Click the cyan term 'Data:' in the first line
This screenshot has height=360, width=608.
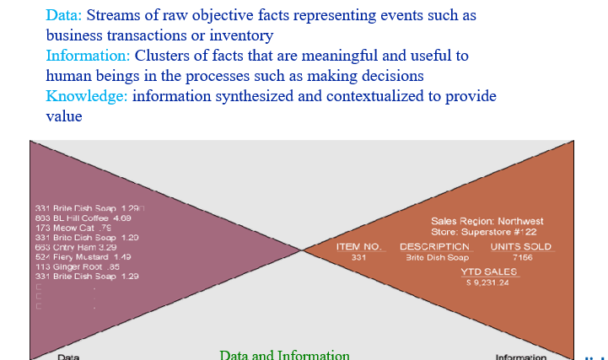pos(64,15)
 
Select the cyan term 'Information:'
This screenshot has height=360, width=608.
pos(88,56)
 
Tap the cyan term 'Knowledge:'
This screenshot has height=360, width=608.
pos(87,96)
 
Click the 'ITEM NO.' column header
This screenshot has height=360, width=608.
pos(358,247)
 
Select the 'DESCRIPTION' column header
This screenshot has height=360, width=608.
pos(434,247)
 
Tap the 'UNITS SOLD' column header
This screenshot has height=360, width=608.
pos(520,247)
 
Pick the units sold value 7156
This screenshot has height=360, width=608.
pos(522,257)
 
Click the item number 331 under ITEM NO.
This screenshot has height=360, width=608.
pos(358,257)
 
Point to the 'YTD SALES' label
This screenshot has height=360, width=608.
pos(488,271)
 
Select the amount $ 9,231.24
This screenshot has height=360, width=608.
pos(488,282)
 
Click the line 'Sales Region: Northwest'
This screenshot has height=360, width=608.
pos(487,221)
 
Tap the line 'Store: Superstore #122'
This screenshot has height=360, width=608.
pos(484,231)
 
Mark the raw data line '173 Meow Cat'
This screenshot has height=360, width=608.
pos(74,228)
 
